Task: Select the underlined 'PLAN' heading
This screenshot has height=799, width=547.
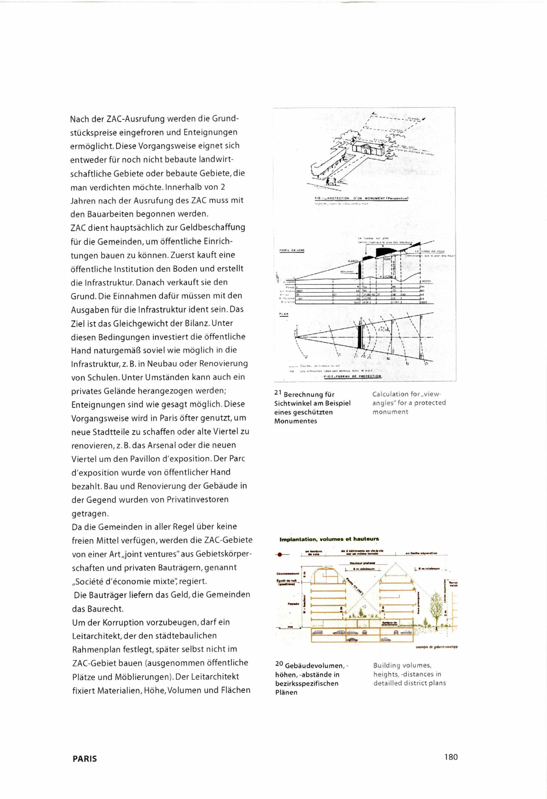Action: pyautogui.click(x=284, y=314)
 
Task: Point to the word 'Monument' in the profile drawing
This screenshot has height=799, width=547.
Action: pyautogui.click(x=347, y=271)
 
